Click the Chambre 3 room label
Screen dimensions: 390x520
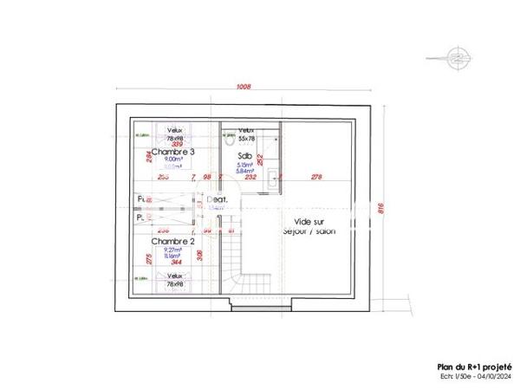click(173, 152)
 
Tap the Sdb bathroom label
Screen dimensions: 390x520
click(244, 156)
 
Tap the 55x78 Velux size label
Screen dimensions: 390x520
click(246, 139)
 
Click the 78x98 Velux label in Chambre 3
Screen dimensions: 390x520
click(176, 139)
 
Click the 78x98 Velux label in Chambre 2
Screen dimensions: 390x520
click(176, 284)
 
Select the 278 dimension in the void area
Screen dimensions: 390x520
click(315, 177)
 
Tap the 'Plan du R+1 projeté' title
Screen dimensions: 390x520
click(475, 366)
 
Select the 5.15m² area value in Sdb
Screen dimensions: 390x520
click(244, 165)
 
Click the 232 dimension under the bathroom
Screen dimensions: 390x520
click(250, 177)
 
